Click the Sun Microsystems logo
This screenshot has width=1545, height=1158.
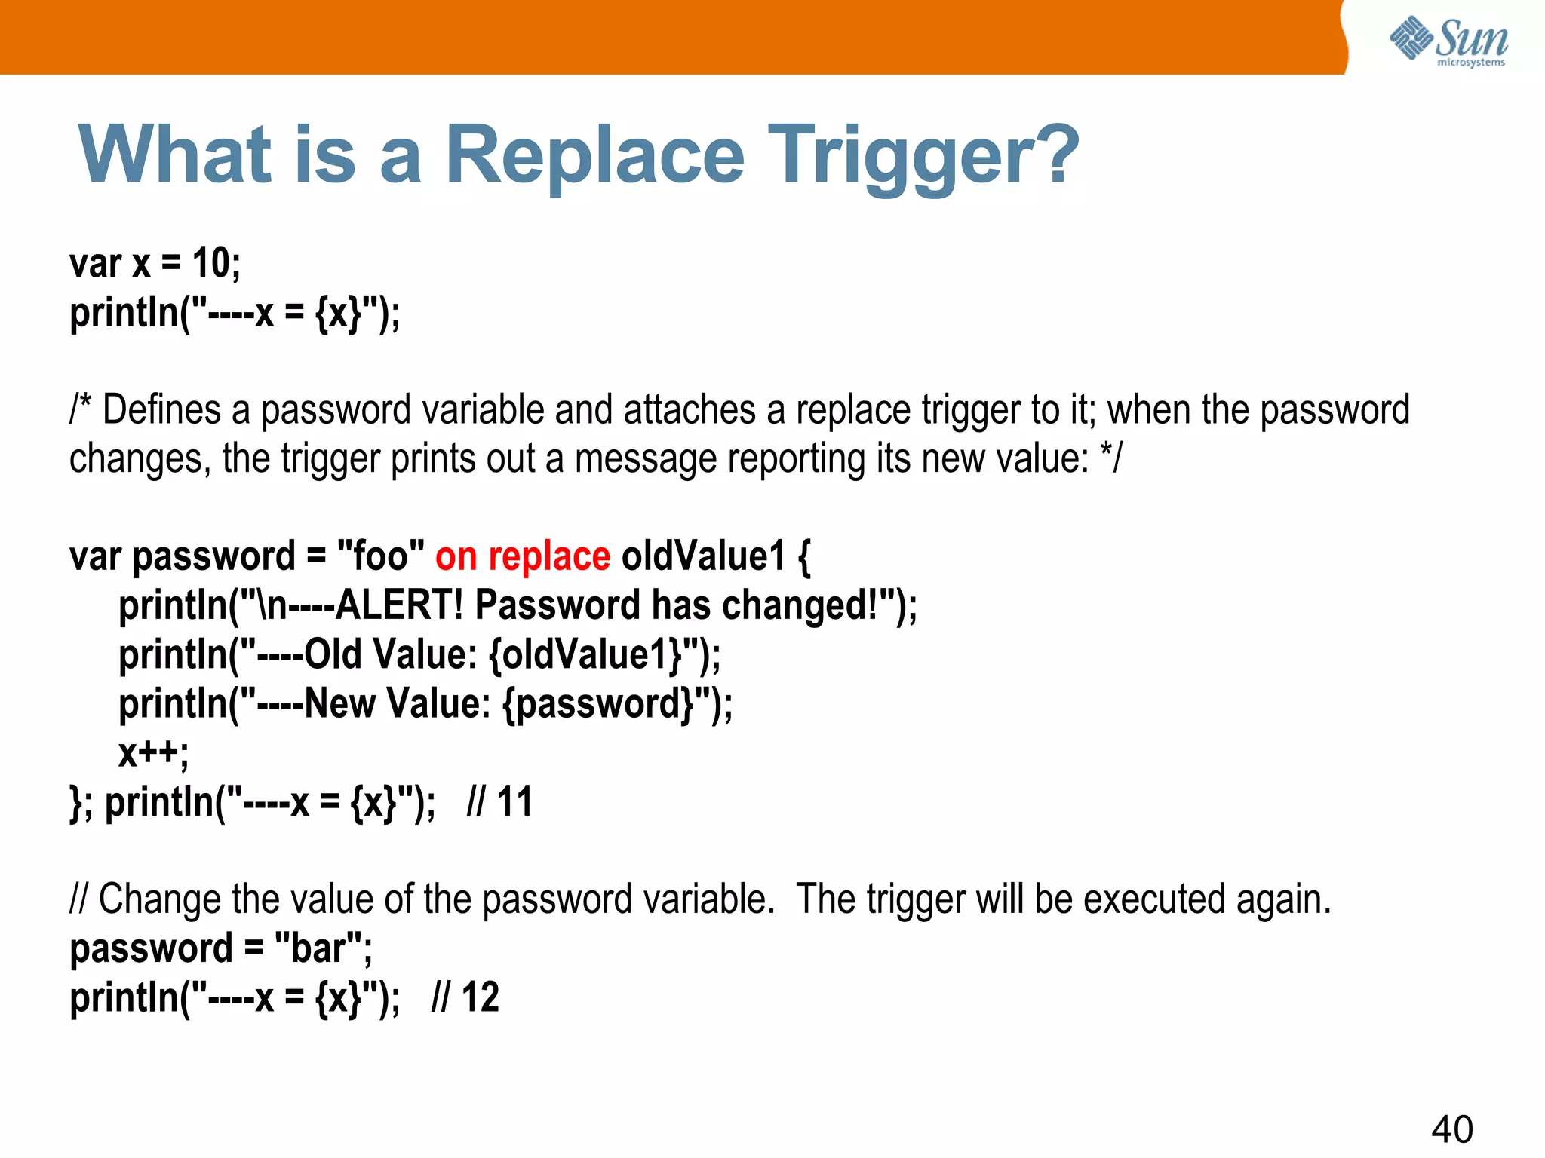(1448, 41)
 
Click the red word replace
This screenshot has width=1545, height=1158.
(548, 558)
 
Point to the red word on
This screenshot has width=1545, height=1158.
(456, 558)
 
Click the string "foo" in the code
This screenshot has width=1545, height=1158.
(380, 556)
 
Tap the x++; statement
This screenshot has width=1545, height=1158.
(153, 752)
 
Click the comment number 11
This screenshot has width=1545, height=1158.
(514, 801)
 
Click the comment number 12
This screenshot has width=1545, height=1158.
(481, 997)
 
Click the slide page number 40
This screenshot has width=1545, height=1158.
(1451, 1129)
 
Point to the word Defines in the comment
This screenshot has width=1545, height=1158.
(161, 411)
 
